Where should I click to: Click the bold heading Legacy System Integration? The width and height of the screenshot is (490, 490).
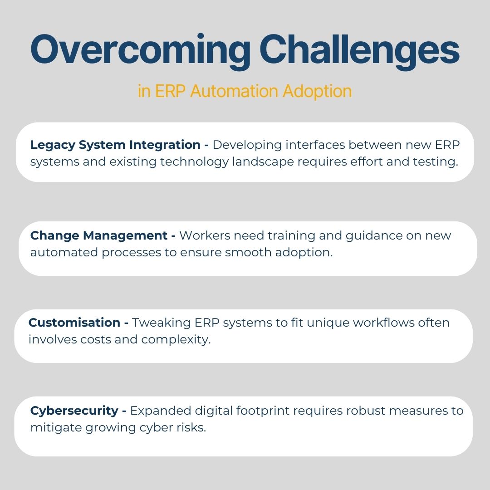[x=115, y=145]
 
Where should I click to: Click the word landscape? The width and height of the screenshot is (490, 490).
[x=270, y=162]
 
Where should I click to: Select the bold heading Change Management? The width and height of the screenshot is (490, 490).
[x=99, y=235]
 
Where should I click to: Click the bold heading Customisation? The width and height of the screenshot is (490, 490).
[x=74, y=323]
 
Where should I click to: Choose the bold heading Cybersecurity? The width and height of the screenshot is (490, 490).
[x=74, y=411]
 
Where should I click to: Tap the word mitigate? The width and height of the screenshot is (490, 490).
[x=56, y=428]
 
